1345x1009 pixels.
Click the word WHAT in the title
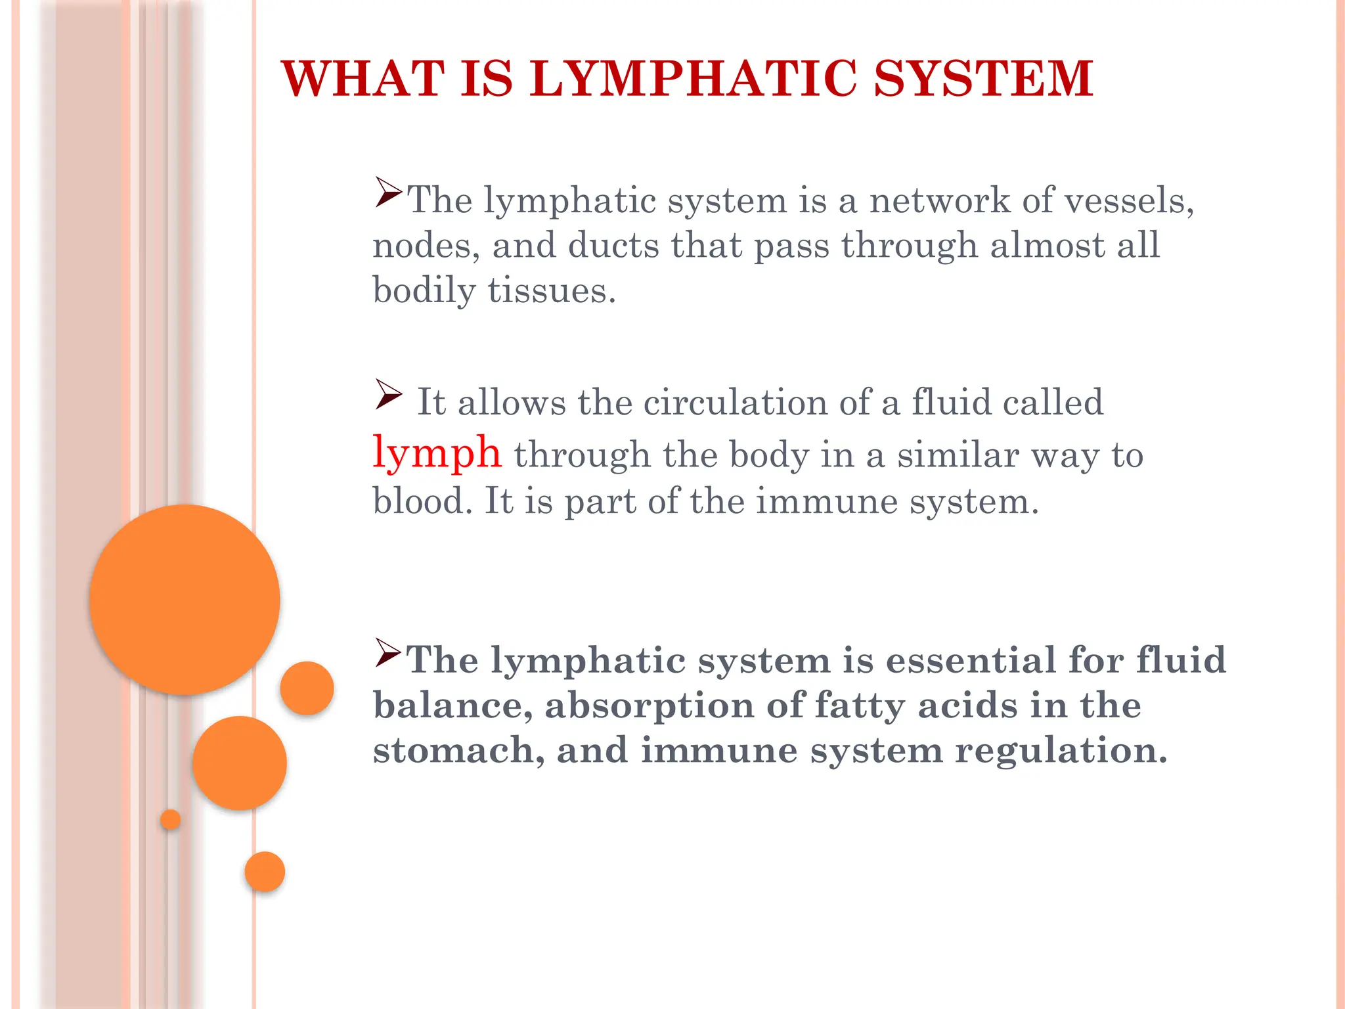click(363, 79)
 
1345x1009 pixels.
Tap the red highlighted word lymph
click(437, 453)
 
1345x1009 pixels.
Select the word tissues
click(552, 290)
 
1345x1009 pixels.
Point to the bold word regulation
click(1061, 750)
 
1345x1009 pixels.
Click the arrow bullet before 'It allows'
click(389, 394)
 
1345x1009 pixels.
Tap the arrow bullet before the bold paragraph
click(388, 652)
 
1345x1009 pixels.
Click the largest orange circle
click(185, 599)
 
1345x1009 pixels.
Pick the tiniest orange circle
click(170, 819)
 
